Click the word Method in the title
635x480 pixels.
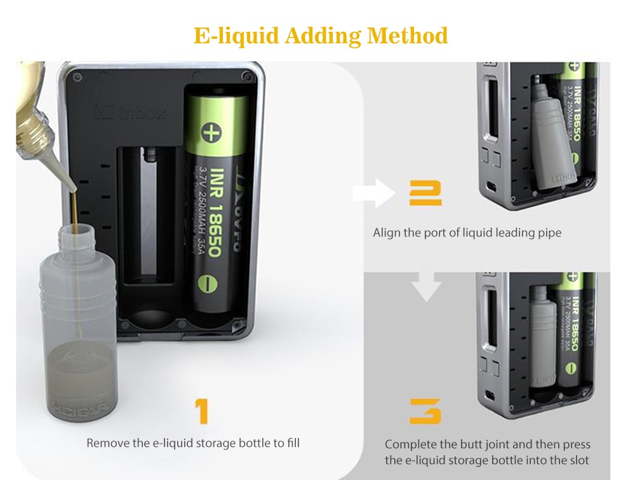coord(408,36)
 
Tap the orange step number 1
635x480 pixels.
coord(201,413)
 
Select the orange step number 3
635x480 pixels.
coord(425,412)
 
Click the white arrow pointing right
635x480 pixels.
coord(374,193)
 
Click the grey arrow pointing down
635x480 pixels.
coord(425,287)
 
